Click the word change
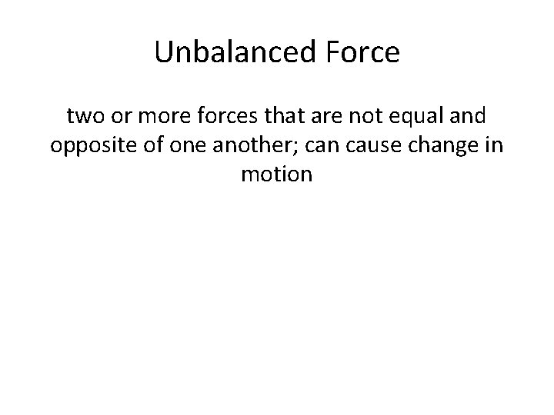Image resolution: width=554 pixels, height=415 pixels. pos(428,146)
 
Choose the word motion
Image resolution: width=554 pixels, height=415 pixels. pos(276,174)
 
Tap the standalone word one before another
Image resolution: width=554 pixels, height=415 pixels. pos(178,146)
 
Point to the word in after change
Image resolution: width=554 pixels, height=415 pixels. pos(490,146)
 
